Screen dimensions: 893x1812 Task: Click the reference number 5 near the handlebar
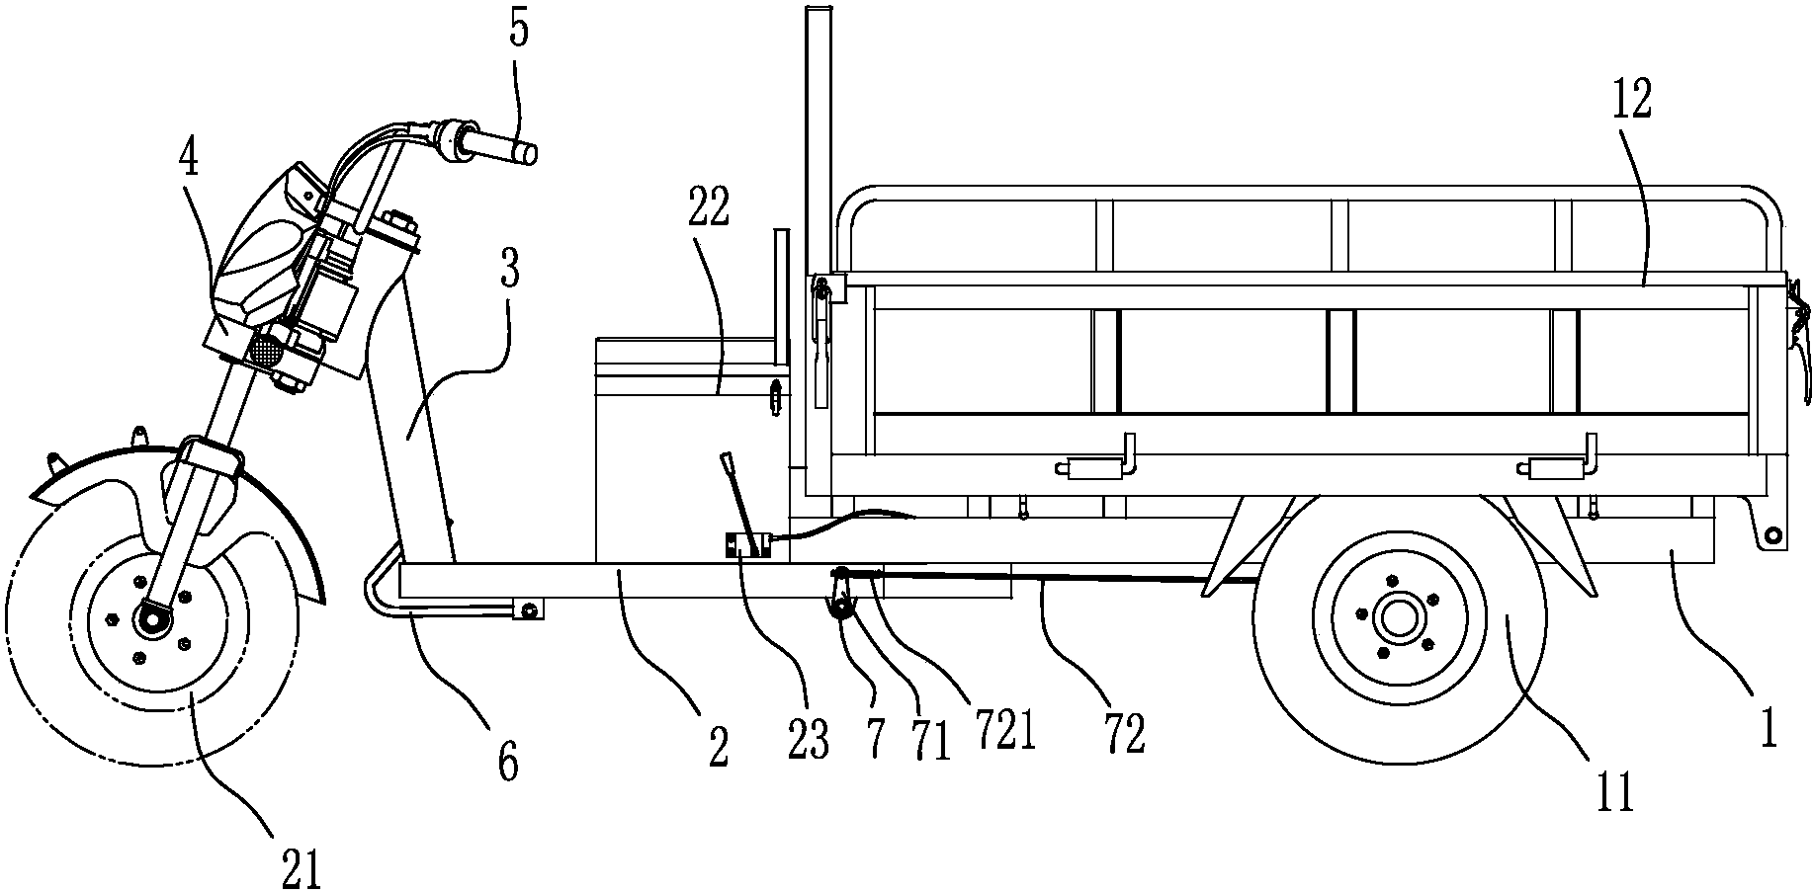coord(519,29)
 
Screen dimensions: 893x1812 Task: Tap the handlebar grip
coord(509,147)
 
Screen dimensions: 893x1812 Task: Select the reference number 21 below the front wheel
coord(302,869)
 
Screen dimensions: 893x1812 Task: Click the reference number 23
coord(809,739)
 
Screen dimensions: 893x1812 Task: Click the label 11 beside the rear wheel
coord(1615,790)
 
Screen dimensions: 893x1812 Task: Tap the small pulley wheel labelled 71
coord(842,612)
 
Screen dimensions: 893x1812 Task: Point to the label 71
coord(929,742)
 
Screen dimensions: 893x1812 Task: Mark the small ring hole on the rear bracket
coord(1773,534)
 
